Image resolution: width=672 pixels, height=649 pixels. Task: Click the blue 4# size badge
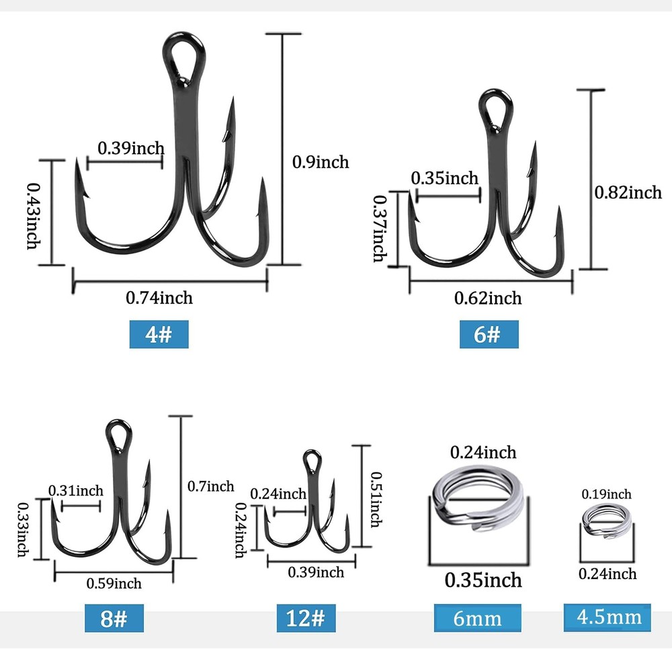[x=159, y=334]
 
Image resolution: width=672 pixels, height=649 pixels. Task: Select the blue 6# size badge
[x=489, y=334]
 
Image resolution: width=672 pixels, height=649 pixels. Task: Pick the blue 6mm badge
[x=477, y=618]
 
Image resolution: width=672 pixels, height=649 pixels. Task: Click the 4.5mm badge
[x=607, y=617]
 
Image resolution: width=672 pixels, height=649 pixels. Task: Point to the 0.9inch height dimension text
[x=321, y=161]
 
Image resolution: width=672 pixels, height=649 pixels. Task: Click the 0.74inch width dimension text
[x=159, y=297]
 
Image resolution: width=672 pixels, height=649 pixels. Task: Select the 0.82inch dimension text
[x=628, y=192]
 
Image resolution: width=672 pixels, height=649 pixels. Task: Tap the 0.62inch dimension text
[x=488, y=297]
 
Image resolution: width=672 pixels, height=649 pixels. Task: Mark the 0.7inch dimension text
[x=210, y=486]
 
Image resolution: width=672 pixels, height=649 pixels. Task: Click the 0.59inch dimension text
[x=114, y=583]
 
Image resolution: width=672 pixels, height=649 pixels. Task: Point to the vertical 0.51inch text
[x=376, y=496]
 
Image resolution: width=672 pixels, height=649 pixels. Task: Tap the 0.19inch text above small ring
[x=607, y=494]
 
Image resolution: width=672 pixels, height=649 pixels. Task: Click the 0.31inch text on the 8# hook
[x=76, y=490]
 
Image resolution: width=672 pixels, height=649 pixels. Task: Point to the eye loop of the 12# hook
[x=311, y=461]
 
